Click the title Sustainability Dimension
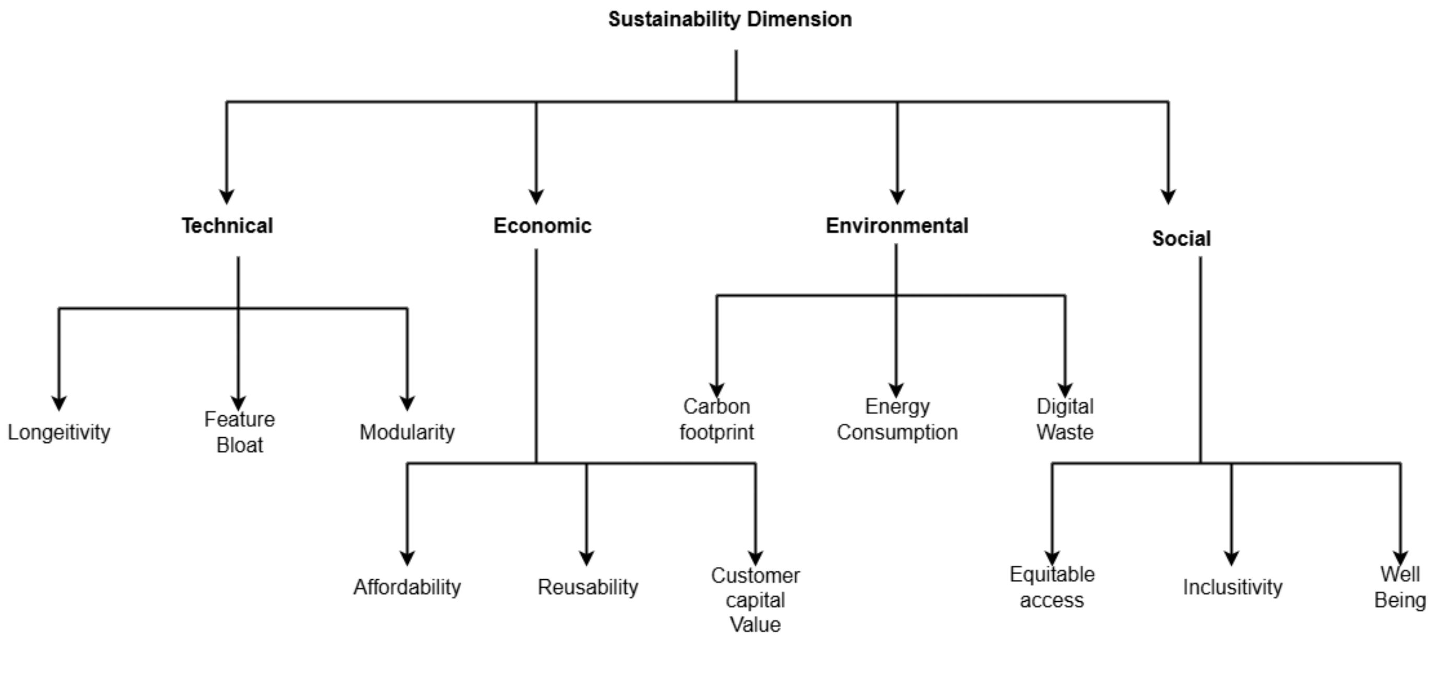[x=729, y=19]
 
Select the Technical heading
[x=227, y=226]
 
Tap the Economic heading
[x=542, y=226]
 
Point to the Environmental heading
[x=897, y=226]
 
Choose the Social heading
[x=1182, y=239]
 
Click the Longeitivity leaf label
[x=59, y=433]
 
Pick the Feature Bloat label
[x=239, y=433]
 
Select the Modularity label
[x=407, y=433]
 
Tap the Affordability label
[x=407, y=587]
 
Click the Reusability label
[x=588, y=587]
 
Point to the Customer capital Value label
[x=756, y=600]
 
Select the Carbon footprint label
[x=717, y=419]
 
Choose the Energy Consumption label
[x=897, y=419]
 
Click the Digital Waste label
[x=1065, y=419]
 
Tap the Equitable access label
[x=1052, y=587]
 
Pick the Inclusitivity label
[x=1233, y=587]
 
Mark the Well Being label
[x=1400, y=587]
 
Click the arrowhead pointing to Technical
[x=227, y=197]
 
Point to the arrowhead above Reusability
[x=586, y=558]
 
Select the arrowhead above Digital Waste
[x=1065, y=390]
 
